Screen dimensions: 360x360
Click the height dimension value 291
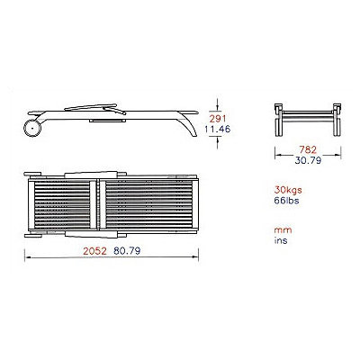tap(218, 119)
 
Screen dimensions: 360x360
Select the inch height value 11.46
tap(218, 130)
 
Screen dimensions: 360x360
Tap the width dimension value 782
tap(308, 149)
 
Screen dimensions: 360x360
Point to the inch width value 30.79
tap(308, 160)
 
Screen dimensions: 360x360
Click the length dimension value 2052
tap(94, 251)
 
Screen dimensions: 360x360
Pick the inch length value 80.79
tap(127, 251)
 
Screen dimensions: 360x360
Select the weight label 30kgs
tap(288, 190)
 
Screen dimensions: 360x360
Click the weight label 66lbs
tap(286, 201)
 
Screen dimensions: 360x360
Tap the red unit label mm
tap(283, 230)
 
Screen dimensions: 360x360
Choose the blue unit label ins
tap(281, 240)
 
